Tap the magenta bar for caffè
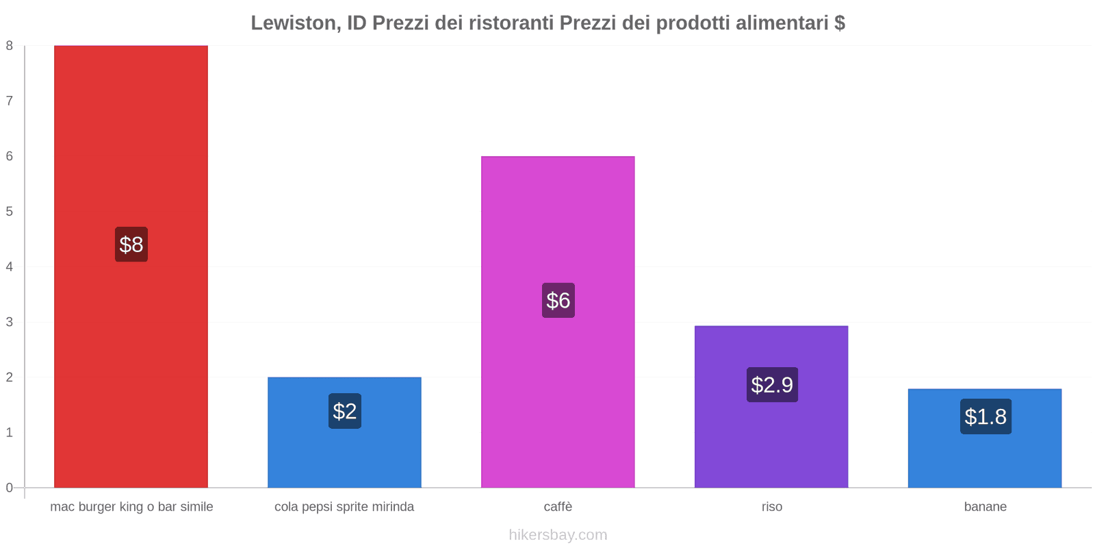point(558,219)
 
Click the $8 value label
point(131,245)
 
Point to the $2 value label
point(345,411)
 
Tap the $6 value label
point(558,300)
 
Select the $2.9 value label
point(772,384)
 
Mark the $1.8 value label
point(985,416)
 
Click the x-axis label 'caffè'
point(558,507)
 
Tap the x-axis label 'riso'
point(771,507)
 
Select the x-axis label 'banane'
point(985,507)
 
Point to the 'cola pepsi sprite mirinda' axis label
point(344,507)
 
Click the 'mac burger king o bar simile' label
point(131,507)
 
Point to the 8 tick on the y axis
point(10,46)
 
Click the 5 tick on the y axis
point(10,212)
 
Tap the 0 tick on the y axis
point(10,488)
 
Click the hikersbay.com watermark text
point(558,535)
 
